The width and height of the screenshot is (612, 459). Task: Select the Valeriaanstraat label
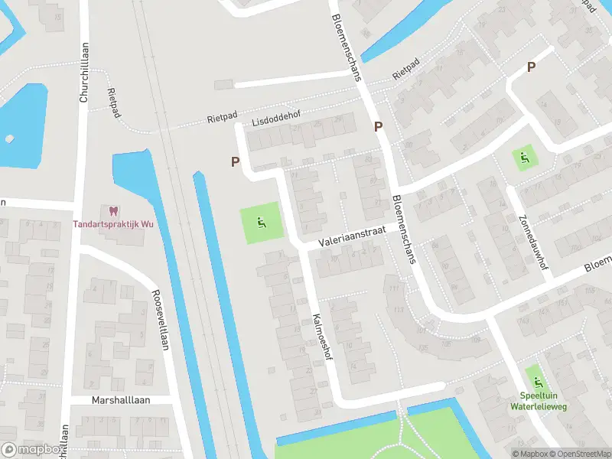pyautogui.click(x=354, y=236)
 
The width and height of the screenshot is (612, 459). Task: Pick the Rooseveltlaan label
pyautogui.click(x=160, y=319)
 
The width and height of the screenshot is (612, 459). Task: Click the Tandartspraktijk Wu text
pyautogui.click(x=112, y=224)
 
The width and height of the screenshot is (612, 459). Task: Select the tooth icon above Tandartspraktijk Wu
pyautogui.click(x=112, y=211)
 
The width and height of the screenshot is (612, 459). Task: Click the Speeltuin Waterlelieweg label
pyautogui.click(x=537, y=402)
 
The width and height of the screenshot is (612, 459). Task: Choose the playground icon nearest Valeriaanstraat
pyautogui.click(x=262, y=224)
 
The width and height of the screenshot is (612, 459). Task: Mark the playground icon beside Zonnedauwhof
pyautogui.click(x=524, y=158)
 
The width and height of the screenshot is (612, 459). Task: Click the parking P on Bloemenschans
pyautogui.click(x=378, y=126)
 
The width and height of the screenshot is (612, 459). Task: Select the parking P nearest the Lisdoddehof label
pyautogui.click(x=236, y=161)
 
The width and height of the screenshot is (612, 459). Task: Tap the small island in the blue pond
pyautogui.click(x=9, y=139)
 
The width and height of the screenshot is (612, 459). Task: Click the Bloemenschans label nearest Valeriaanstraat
pyautogui.click(x=403, y=228)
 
